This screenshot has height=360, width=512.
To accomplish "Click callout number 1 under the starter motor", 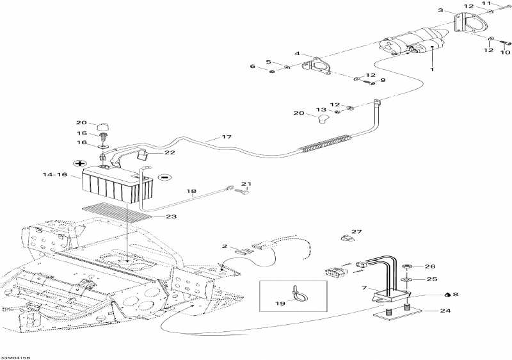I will (x=432, y=69).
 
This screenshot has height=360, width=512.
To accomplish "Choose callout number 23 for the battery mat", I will (x=171, y=217).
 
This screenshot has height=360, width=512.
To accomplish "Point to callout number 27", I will (x=356, y=232).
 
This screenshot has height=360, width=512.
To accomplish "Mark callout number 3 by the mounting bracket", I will (x=440, y=10).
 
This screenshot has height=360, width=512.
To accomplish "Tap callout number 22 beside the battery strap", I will (x=170, y=152).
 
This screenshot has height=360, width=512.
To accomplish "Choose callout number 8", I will (x=456, y=294).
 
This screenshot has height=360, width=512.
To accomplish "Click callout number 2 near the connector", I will (x=225, y=246).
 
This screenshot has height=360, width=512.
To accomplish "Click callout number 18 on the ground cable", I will (x=191, y=192).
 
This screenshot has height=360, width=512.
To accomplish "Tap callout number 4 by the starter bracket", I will (x=298, y=53).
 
